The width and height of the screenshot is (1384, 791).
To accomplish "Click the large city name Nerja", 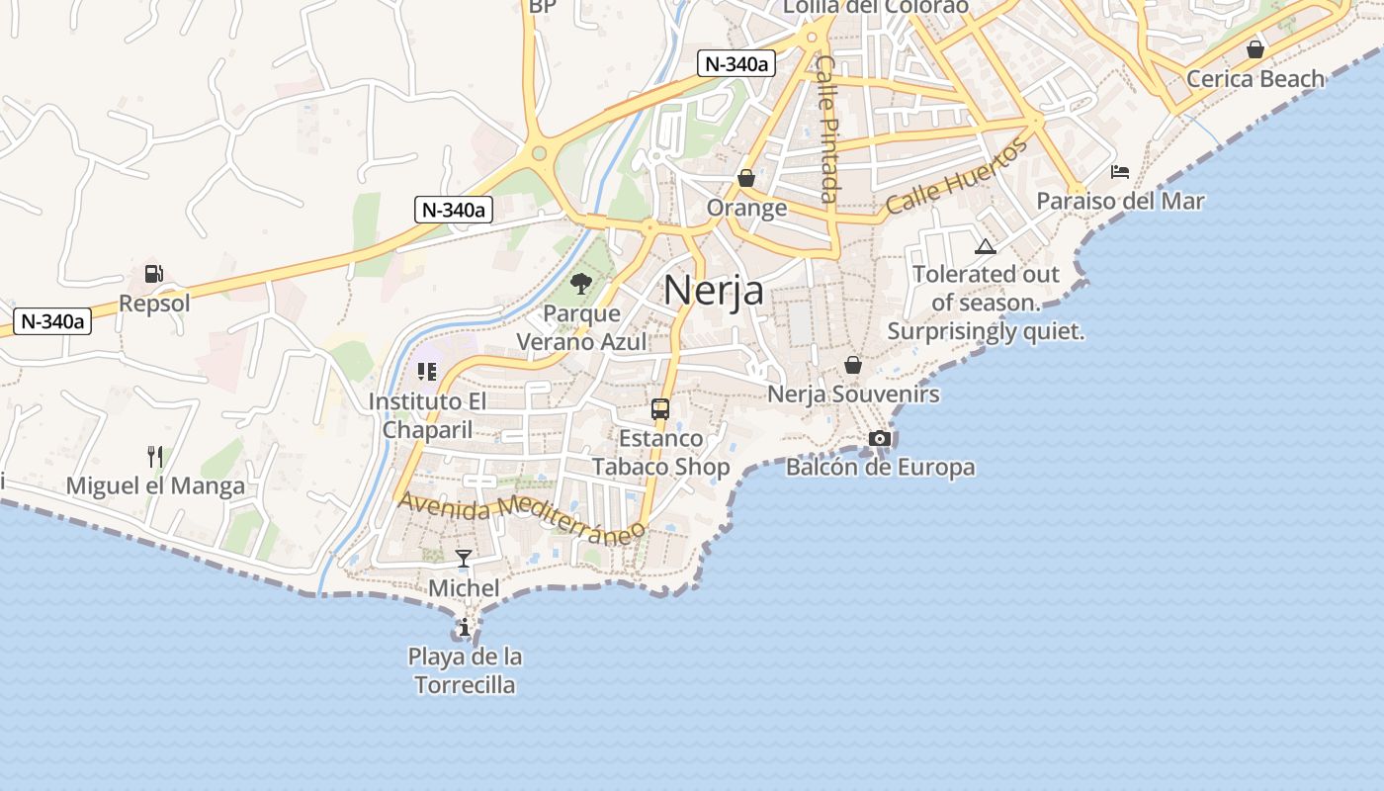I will pyautogui.click(x=713, y=291).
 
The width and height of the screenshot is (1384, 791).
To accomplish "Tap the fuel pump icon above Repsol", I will pyautogui.click(x=153, y=274).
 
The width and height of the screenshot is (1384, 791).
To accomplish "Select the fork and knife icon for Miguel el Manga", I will pyautogui.click(x=155, y=456).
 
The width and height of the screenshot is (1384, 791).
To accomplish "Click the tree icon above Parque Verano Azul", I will pyautogui.click(x=581, y=285).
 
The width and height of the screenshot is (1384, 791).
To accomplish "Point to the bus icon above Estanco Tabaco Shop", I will pyautogui.click(x=660, y=409).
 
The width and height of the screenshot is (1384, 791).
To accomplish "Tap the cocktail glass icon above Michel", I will pyautogui.click(x=463, y=559).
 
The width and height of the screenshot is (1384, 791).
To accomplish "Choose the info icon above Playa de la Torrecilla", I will pyautogui.click(x=465, y=627).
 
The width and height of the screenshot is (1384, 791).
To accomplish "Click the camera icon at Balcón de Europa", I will pyautogui.click(x=880, y=438).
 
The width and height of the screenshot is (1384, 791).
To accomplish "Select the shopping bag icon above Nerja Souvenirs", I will pyautogui.click(x=853, y=365).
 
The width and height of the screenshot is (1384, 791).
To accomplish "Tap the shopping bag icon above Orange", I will pyautogui.click(x=746, y=178).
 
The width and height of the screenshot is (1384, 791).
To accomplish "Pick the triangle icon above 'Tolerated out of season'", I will pyautogui.click(x=985, y=246).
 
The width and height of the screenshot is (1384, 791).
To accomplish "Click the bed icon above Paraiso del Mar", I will pyautogui.click(x=1120, y=172).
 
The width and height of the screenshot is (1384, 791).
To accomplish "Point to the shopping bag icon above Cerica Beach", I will pyautogui.click(x=1255, y=48).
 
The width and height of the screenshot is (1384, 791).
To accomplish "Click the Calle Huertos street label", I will pyautogui.click(x=956, y=177).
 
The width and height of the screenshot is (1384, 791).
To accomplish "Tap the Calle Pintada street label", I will pyautogui.click(x=828, y=129).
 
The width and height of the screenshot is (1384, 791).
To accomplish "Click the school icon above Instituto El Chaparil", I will pyautogui.click(x=427, y=372).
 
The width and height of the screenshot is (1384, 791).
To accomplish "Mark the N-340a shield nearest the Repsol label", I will pyautogui.click(x=53, y=320).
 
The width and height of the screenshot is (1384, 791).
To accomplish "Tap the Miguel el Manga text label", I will pyautogui.click(x=155, y=485).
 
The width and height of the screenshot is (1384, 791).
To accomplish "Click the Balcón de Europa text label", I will pyautogui.click(x=880, y=467).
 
